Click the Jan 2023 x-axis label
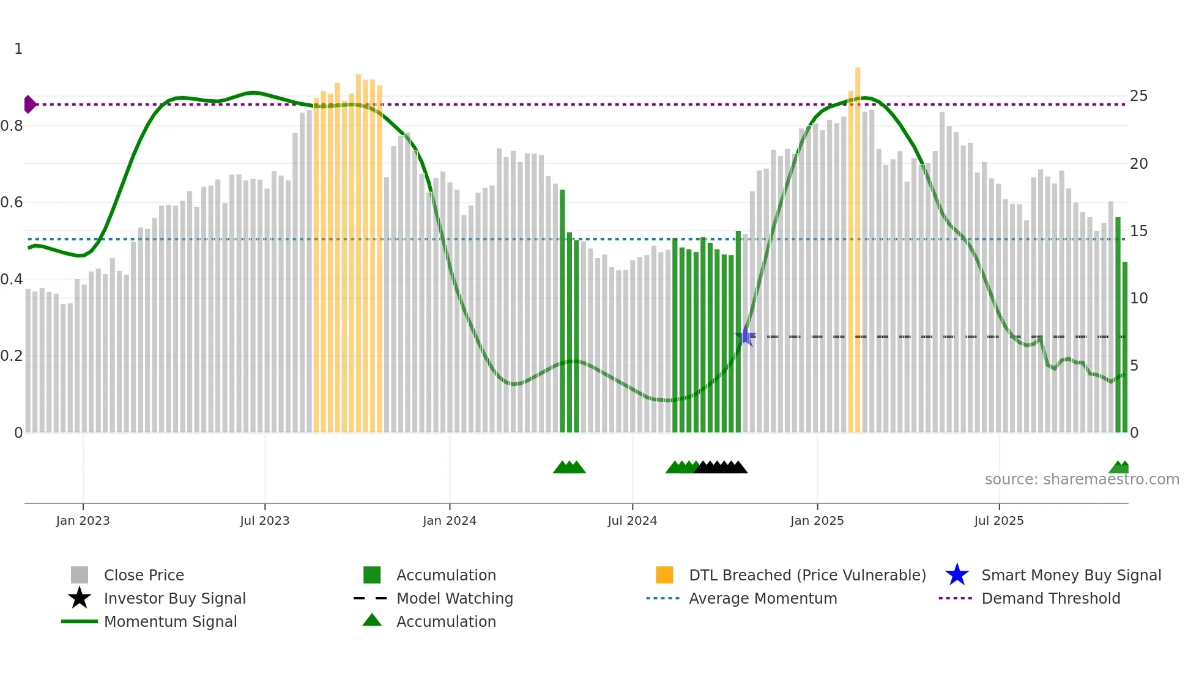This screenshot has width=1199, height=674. [83, 520]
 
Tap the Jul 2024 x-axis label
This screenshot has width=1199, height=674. [632, 520]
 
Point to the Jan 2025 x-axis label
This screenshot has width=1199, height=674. [817, 520]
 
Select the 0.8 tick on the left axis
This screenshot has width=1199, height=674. [12, 126]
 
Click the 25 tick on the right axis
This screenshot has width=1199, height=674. [1138, 96]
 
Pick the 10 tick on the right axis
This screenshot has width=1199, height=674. [1138, 298]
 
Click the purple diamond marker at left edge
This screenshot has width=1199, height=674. [29, 105]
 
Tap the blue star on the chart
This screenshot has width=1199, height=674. [746, 336]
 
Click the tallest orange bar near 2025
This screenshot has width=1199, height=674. [858, 245]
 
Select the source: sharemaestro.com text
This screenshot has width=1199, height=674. [1082, 480]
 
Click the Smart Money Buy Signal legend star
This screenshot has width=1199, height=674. [957, 575]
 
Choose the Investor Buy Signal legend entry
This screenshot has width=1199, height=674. [174, 598]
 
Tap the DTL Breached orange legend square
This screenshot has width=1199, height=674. [664, 575]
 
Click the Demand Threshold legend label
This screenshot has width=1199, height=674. [1050, 598]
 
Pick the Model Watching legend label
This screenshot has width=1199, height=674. [455, 598]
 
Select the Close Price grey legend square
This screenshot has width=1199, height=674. [80, 575]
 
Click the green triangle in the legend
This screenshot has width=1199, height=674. [372, 620]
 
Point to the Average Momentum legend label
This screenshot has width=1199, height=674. [763, 598]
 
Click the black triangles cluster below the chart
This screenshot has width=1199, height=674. [721, 467]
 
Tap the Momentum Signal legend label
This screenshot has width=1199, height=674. [170, 621]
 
